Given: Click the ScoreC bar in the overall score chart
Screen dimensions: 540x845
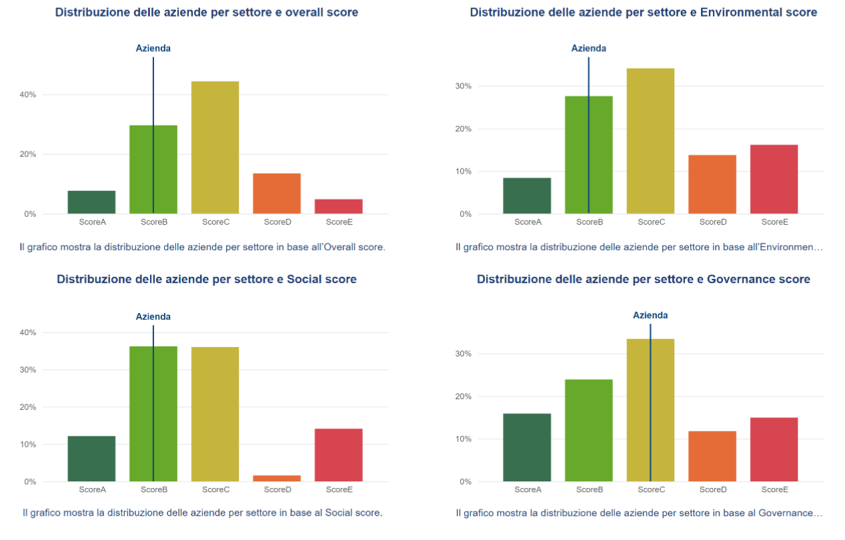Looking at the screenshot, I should click(215, 148).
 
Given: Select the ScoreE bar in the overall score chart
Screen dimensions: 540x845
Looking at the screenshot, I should click(338, 206).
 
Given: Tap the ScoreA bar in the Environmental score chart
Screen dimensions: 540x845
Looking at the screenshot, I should click(527, 196).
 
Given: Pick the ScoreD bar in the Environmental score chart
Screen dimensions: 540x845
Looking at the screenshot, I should click(712, 184).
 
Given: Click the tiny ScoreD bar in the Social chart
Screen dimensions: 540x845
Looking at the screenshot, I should click(277, 478).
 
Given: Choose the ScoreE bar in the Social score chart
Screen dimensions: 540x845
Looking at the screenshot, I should click(338, 455).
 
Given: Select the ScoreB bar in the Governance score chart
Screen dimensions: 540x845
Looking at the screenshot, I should click(588, 430).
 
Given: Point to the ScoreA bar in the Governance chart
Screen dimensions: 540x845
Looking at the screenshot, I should click(527, 447).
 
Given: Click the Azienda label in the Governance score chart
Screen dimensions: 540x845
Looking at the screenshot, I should click(650, 315).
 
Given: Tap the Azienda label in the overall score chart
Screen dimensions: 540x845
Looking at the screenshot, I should click(153, 48).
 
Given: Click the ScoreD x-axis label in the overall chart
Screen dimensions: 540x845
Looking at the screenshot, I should click(277, 222).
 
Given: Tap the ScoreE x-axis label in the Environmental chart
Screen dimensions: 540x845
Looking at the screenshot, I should click(774, 222).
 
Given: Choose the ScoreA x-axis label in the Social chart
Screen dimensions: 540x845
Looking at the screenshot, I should click(92, 489).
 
